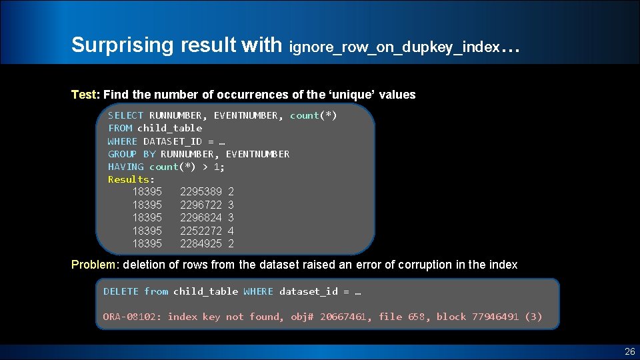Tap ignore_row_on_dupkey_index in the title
point(394,47)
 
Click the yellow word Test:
point(85,95)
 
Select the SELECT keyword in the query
point(125,115)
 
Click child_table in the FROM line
point(169,128)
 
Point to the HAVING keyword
point(125,167)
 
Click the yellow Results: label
point(131,179)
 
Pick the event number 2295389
point(201,192)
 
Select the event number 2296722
point(201,205)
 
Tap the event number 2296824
point(201,218)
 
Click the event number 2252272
point(201,231)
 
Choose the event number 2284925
point(201,244)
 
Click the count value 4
point(231,231)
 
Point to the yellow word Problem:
point(95,265)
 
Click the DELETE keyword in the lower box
point(121,291)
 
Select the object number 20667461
point(346,317)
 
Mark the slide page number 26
point(629,351)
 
